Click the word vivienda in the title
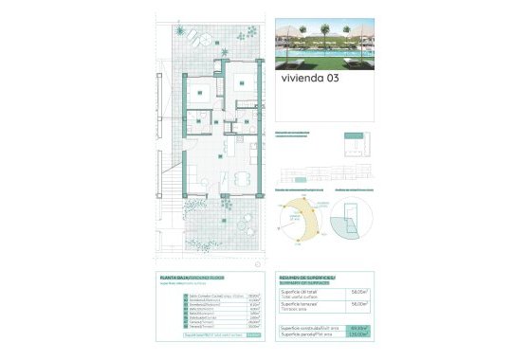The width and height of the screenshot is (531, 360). click(x=301, y=80)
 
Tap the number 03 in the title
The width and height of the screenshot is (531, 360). click(x=331, y=80)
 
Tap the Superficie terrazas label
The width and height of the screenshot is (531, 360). click(x=302, y=305)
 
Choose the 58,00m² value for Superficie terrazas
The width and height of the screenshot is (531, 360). click(x=358, y=305)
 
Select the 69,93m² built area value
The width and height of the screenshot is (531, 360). click(x=358, y=328)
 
